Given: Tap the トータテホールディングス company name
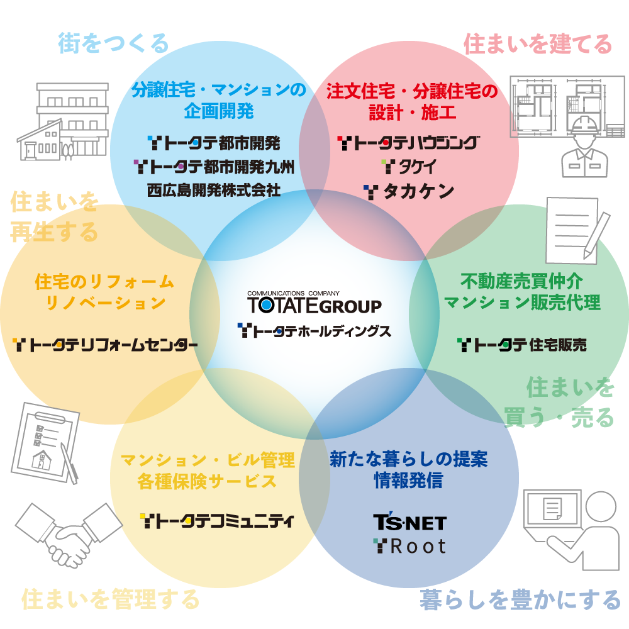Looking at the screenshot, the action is pyautogui.click(x=314, y=331).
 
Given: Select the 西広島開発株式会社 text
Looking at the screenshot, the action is pyautogui.click(x=214, y=190).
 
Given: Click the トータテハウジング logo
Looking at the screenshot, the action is pyautogui.click(x=408, y=143).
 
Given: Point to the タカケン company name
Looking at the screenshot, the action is pyautogui.click(x=409, y=192).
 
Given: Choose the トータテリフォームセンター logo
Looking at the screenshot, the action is pyautogui.click(x=105, y=345).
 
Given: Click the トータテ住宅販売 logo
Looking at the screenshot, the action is pyautogui.click(x=522, y=345).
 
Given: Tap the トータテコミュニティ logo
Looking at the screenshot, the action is pyautogui.click(x=217, y=521).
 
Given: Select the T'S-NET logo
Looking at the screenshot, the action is pyautogui.click(x=409, y=522).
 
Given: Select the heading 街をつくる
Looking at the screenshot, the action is pyautogui.click(x=113, y=43).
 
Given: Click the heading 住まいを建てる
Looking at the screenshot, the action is pyautogui.click(x=538, y=44).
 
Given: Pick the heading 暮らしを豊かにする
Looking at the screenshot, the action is pyautogui.click(x=520, y=599).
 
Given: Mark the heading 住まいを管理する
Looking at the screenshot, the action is pyautogui.click(x=111, y=599).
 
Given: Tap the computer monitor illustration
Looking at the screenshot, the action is pyautogui.click(x=552, y=510).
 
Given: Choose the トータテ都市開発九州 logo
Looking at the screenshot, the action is pyautogui.click(x=214, y=167).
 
